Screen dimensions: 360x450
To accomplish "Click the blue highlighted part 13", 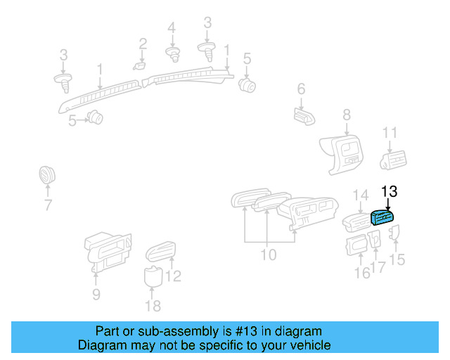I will [x=384, y=219].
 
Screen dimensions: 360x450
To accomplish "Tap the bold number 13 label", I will [x=389, y=191].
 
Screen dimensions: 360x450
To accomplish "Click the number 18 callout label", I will [x=152, y=305].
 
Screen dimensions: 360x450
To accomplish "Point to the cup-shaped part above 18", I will [x=153, y=276].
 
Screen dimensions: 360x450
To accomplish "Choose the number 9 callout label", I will [x=96, y=294].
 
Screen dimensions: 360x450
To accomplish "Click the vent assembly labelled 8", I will [x=342, y=153].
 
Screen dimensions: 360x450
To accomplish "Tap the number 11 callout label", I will [x=390, y=133].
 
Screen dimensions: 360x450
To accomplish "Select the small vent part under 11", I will [x=392, y=161].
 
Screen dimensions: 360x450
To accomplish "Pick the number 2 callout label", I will [x=143, y=44].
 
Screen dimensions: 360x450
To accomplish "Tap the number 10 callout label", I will [x=269, y=254].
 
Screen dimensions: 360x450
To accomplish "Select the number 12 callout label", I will [x=173, y=276].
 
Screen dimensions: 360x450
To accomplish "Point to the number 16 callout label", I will [x=362, y=273].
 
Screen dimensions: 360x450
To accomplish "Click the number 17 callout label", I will [x=378, y=267].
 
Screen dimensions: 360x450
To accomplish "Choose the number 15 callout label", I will [x=397, y=260].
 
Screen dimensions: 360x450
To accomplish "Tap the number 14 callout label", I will [x=360, y=194].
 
